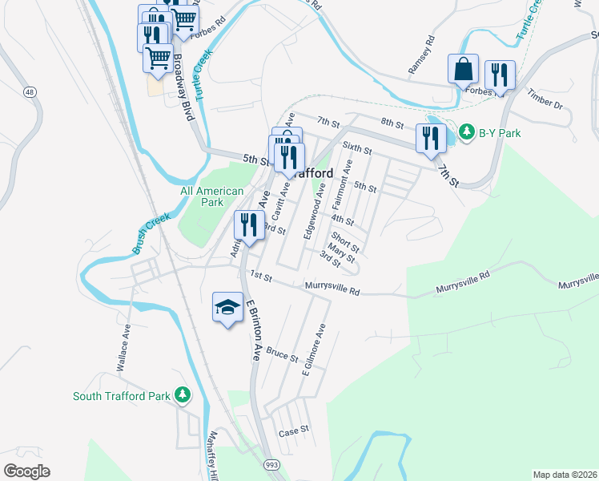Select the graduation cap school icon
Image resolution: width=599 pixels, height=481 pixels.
pyautogui.click(x=227, y=306)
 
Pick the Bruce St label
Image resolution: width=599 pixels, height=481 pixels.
pyautogui.click(x=282, y=353)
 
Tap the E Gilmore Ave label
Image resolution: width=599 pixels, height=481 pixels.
pyautogui.click(x=315, y=350)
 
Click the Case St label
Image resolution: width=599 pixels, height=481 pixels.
pyautogui.click(x=293, y=431)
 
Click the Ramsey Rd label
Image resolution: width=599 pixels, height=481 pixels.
pyautogui.click(x=421, y=55)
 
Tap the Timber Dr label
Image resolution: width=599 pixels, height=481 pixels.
pyautogui.click(x=545, y=100)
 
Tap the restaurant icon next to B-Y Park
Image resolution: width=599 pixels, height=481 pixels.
pyautogui.click(x=430, y=137)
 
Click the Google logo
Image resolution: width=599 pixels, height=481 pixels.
pyautogui.click(x=26, y=471)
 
